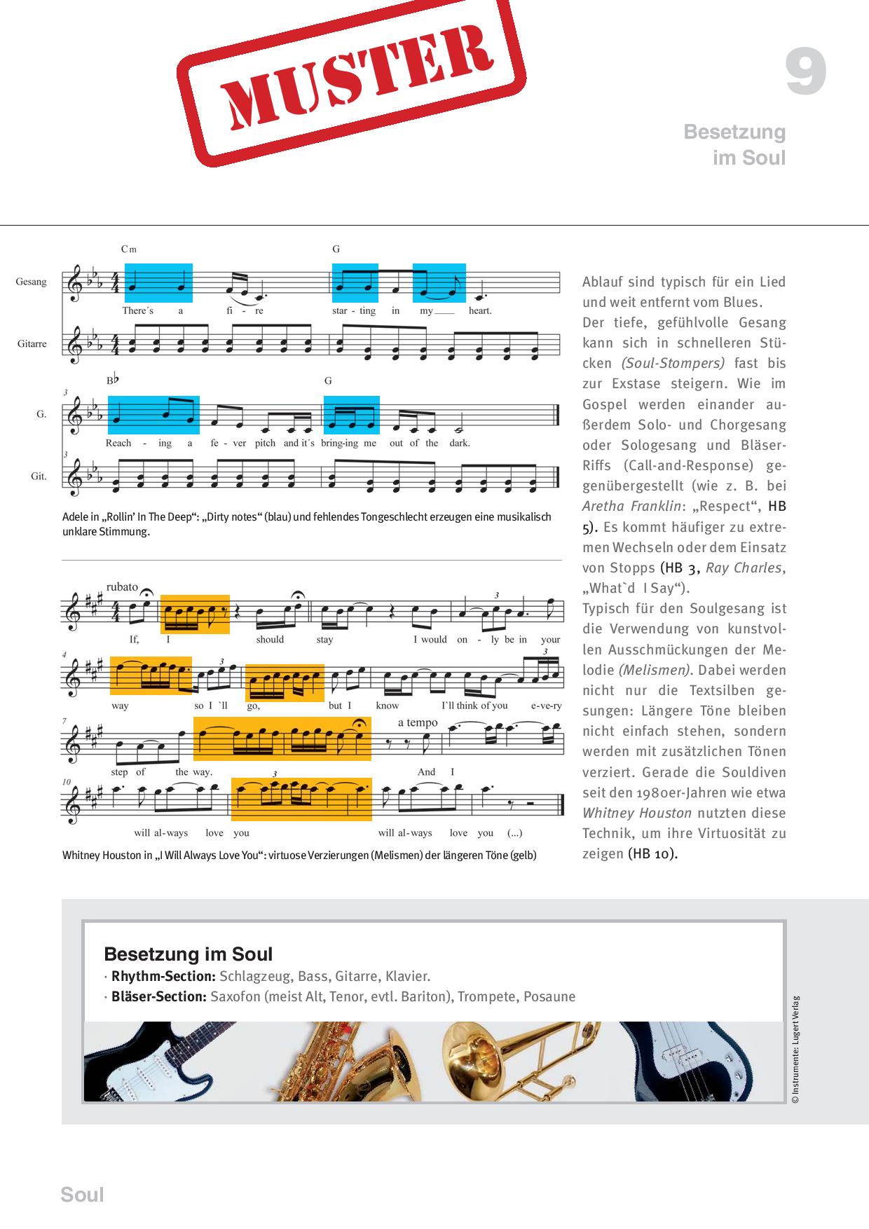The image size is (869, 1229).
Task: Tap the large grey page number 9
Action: tap(805, 72)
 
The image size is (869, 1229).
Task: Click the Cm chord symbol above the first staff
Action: tap(128, 249)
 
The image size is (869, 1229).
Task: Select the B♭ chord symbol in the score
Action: tap(114, 380)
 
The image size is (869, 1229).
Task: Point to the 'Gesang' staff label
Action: tap(32, 282)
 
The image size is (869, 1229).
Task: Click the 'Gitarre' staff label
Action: tap(32, 343)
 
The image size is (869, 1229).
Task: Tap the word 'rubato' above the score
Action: tap(122, 586)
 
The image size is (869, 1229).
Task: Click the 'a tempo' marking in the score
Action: tap(418, 722)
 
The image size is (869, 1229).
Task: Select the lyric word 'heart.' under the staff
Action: tap(480, 310)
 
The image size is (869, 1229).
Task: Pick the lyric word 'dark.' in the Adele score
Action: tap(460, 443)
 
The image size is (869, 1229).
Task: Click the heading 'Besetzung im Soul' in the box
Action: tap(188, 954)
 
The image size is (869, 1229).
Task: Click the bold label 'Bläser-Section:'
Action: tap(158, 996)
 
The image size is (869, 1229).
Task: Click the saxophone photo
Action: tap(350, 1062)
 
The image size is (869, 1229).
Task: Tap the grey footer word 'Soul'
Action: tap(82, 1195)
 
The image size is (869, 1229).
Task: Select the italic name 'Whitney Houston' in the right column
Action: tap(636, 813)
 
